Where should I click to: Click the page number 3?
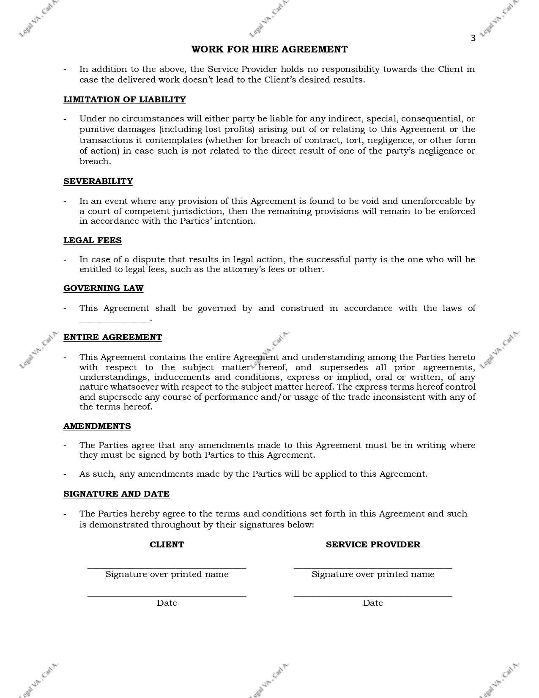point(473,38)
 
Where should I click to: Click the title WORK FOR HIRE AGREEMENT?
point(269,49)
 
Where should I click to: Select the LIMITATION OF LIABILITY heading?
point(124,99)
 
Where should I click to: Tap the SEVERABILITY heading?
point(98,181)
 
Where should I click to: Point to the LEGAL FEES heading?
point(93,240)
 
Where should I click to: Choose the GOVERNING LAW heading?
point(103,288)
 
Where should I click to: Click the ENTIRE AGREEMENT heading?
point(112,337)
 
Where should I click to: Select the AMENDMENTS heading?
point(97,426)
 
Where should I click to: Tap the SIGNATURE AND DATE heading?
point(116,494)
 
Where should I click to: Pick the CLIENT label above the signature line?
point(167,544)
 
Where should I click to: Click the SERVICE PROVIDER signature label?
point(373,544)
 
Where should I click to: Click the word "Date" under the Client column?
point(167,603)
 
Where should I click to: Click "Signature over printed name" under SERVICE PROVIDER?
point(373,574)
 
